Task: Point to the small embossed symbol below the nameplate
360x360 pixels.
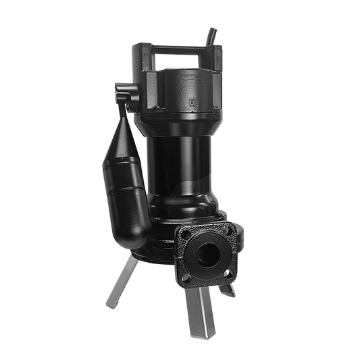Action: (x=192, y=103)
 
